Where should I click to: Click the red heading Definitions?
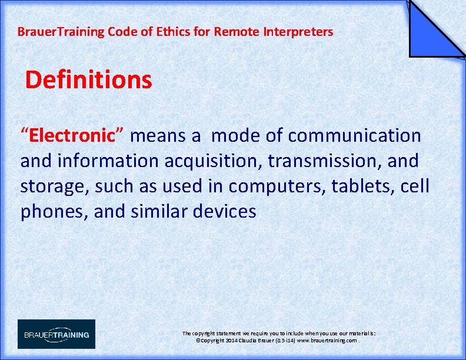(88, 80)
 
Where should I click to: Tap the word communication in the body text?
(355, 136)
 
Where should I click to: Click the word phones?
(54, 211)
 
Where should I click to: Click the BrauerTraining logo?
(56, 334)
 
